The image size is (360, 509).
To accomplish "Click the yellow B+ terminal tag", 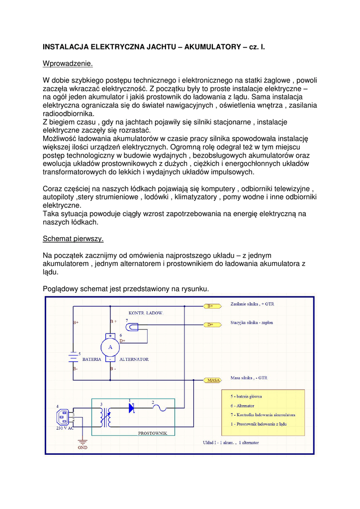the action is [x=211, y=306].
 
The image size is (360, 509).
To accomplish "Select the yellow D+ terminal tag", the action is [x=211, y=325].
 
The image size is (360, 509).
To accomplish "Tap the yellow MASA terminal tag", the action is [x=213, y=380].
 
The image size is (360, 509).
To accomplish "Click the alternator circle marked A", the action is [x=110, y=347].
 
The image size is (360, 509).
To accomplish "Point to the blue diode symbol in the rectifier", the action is [x=131, y=408].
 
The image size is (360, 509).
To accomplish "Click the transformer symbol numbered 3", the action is [x=105, y=417].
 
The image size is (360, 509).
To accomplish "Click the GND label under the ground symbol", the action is [x=83, y=447].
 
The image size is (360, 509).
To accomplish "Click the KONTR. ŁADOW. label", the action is [x=146, y=313].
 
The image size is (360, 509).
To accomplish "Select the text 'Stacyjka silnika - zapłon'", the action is [x=252, y=323].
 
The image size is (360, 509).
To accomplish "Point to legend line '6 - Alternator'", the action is [x=242, y=406].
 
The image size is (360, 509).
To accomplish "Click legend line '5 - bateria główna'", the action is [x=246, y=397].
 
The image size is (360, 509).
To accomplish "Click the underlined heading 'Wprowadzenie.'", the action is [x=68, y=64].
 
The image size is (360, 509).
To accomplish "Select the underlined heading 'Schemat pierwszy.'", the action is [x=73, y=239].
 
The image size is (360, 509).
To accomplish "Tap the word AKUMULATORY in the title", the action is [x=213, y=47].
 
